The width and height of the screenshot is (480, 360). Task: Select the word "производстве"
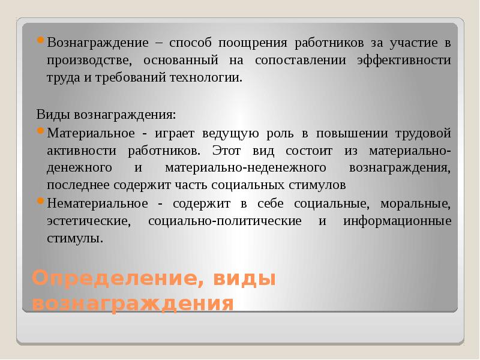87,61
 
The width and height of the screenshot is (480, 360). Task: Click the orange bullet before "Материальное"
40,130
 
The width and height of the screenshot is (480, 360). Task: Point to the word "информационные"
398,220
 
